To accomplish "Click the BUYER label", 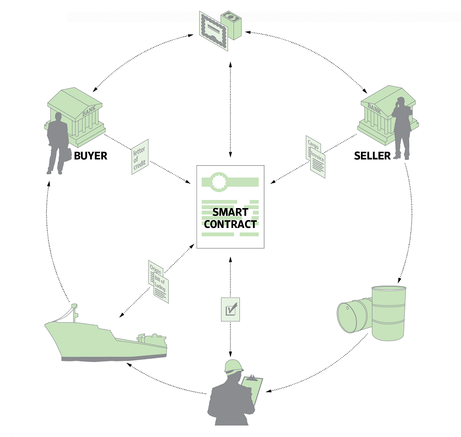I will tap(90, 156).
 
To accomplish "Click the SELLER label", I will tap(372, 156).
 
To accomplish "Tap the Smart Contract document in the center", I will tap(230, 206).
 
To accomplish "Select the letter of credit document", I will tap(140, 156).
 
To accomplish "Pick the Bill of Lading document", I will tap(161, 288).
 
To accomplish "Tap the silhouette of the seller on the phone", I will tap(402, 127).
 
